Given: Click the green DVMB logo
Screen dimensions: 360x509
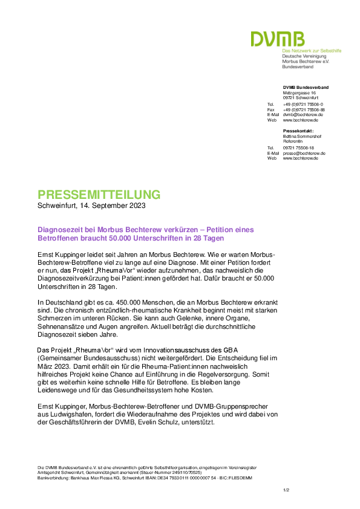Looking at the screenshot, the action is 278,39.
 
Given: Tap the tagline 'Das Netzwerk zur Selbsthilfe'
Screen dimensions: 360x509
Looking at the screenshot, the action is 312,51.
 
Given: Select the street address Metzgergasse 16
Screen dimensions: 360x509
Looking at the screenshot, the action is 299,93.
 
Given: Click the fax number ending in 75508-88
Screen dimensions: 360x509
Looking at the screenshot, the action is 304,110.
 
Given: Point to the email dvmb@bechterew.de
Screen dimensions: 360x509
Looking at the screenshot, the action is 303,115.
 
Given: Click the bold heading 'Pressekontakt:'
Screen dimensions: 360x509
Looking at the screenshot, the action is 298,131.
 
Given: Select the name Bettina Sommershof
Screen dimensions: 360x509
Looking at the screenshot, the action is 302,137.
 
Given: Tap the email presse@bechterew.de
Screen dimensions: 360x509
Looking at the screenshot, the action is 304,153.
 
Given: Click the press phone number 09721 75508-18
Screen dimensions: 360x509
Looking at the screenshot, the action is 298,148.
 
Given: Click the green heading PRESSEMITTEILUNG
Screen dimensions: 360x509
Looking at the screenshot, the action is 99,195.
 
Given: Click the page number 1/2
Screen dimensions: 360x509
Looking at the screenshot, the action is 286,490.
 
